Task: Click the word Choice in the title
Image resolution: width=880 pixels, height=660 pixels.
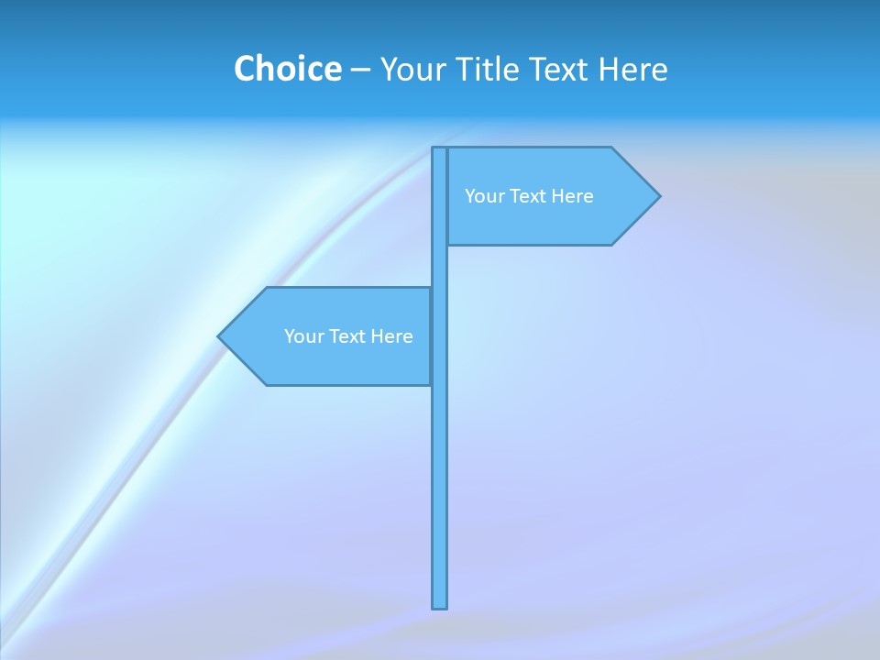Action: pyautogui.click(x=287, y=69)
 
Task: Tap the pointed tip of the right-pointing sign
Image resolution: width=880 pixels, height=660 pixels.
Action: pyautogui.click(x=658, y=195)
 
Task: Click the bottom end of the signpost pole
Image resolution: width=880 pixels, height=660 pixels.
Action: pyautogui.click(x=440, y=605)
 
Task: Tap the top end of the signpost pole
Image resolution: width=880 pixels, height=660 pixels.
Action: pyautogui.click(x=440, y=149)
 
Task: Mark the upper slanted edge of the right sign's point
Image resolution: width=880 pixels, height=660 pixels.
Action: pyautogui.click(x=635, y=170)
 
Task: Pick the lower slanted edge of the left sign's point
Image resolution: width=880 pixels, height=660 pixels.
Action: pyautogui.click(x=243, y=361)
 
